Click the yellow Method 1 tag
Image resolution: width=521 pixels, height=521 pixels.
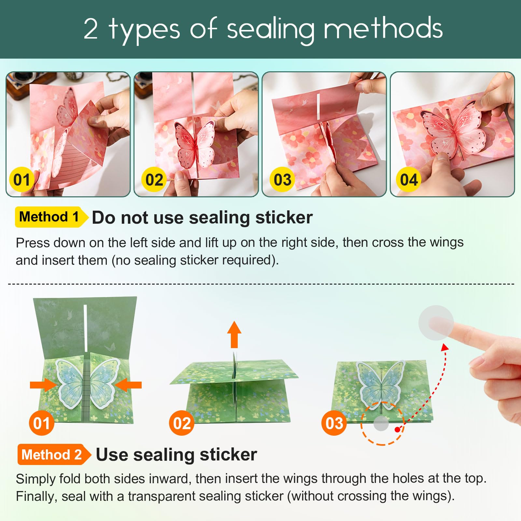(x=51, y=217)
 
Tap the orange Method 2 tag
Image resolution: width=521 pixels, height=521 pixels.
(x=54, y=454)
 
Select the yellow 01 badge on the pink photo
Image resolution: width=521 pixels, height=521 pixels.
(x=21, y=179)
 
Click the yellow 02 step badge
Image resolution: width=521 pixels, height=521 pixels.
(x=154, y=179)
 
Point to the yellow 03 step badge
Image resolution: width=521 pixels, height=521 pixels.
(x=282, y=179)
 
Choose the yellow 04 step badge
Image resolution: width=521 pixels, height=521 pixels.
(x=409, y=179)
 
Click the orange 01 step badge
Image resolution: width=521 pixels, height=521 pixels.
(x=41, y=423)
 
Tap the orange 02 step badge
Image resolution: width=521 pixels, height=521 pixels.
(x=182, y=423)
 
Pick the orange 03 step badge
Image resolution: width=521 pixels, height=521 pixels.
(x=334, y=423)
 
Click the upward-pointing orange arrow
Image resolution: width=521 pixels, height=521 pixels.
(x=234, y=334)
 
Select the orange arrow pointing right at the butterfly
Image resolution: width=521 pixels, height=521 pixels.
(x=44, y=385)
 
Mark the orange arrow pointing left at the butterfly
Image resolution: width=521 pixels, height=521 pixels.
(x=128, y=385)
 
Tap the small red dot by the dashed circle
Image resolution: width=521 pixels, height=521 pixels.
(x=397, y=430)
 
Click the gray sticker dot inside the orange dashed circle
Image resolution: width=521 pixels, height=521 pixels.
(x=381, y=423)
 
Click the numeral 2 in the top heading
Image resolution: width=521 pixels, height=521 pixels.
(x=91, y=29)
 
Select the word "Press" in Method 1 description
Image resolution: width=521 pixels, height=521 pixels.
(x=33, y=243)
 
